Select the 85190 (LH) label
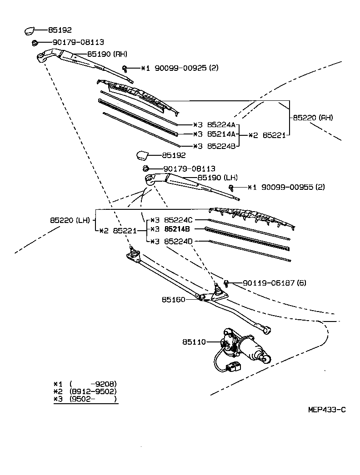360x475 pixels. (x=217, y=178)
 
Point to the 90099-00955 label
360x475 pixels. (x=286, y=187)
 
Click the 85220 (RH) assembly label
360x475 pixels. (x=313, y=117)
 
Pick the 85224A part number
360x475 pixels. (x=221, y=124)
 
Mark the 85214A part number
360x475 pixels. (x=221, y=135)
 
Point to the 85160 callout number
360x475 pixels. (x=173, y=300)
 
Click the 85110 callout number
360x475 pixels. (x=195, y=341)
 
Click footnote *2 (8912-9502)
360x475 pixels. (x=85, y=391)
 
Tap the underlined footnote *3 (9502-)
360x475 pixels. (x=85, y=399)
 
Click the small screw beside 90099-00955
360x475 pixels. (x=231, y=187)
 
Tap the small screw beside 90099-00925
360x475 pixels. (x=125, y=69)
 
